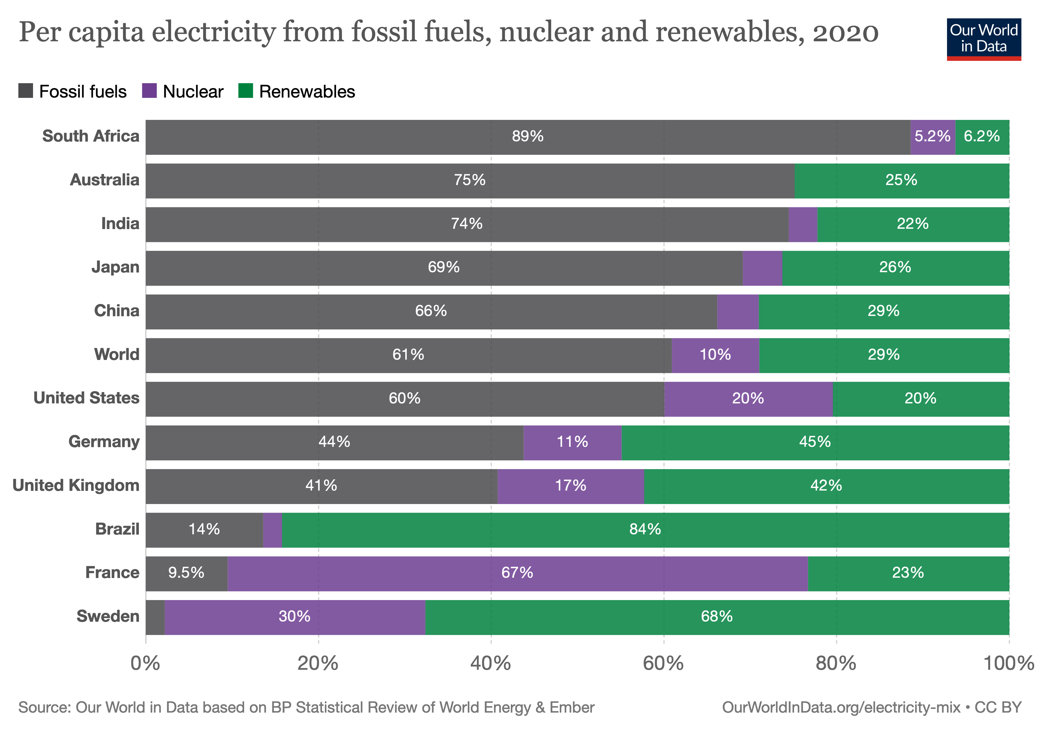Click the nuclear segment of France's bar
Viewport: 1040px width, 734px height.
tap(517, 573)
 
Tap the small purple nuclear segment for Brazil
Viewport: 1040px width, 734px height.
tap(272, 530)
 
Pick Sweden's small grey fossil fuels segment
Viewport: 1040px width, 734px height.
tap(155, 617)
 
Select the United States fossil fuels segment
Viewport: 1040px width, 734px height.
tap(405, 399)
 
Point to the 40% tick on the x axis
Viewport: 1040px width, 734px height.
tap(491, 639)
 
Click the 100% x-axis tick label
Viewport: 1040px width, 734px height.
tap(1008, 664)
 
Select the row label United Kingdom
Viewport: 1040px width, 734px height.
tap(76, 485)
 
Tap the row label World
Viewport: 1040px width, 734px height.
tap(117, 354)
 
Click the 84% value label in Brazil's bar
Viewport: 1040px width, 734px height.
tap(645, 529)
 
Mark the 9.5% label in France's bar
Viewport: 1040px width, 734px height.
tap(186, 573)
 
